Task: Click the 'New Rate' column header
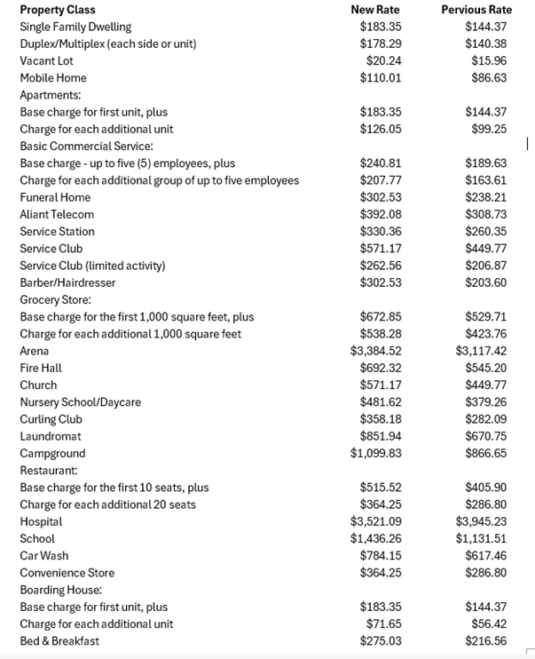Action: point(375,10)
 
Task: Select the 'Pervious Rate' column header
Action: point(476,10)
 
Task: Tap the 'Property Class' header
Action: point(58,10)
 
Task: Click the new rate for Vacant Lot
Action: point(383,61)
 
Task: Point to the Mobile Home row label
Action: point(53,78)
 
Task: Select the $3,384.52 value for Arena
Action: point(376,351)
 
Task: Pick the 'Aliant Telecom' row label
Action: point(57,215)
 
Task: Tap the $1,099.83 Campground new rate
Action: point(376,453)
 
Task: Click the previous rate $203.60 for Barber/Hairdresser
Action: point(485,282)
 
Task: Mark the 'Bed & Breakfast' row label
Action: point(59,641)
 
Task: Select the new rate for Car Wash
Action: point(381,556)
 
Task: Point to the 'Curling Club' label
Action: point(51,419)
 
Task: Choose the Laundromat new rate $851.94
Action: point(381,436)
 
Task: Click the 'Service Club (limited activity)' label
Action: point(92,266)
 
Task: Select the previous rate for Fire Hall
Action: point(485,368)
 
